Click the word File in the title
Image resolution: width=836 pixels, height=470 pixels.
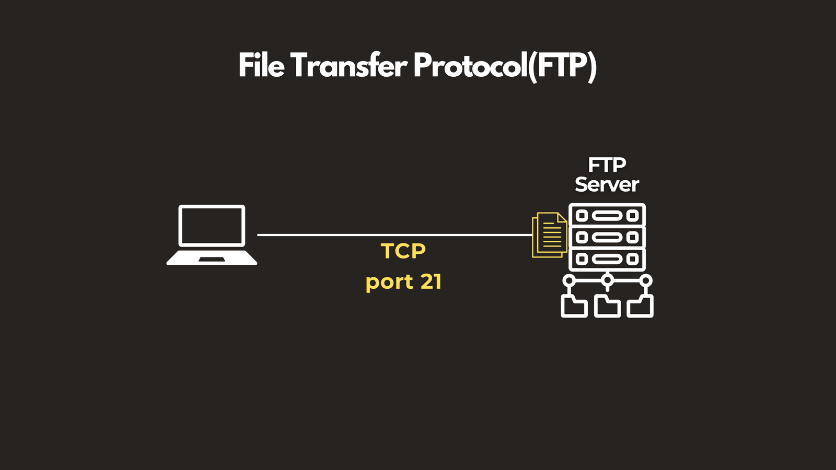(262, 65)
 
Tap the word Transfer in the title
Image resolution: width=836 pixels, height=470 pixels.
(349, 65)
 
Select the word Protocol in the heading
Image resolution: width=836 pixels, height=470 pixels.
(467, 65)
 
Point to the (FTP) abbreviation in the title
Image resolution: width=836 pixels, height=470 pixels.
(562, 67)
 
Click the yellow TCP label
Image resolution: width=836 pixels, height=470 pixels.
(403, 251)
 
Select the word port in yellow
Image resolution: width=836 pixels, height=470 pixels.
(389, 283)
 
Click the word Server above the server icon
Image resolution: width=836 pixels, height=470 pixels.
(607, 184)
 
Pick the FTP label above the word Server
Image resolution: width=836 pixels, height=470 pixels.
(607, 164)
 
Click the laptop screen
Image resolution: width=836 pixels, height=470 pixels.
(212, 226)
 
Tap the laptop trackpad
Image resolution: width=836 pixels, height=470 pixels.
(212, 259)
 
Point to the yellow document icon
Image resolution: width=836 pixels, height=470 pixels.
(550, 235)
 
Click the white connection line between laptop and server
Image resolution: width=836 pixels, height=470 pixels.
(394, 235)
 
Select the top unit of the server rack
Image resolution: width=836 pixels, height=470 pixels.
(607, 215)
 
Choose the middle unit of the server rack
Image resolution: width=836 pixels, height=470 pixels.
(607, 237)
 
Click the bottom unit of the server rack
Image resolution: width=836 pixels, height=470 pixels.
(607, 259)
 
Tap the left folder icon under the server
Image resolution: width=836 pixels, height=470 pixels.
(574, 306)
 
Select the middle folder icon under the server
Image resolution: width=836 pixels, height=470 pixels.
(607, 306)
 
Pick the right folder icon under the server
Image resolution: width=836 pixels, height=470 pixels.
(640, 306)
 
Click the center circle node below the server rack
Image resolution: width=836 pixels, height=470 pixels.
(608, 280)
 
